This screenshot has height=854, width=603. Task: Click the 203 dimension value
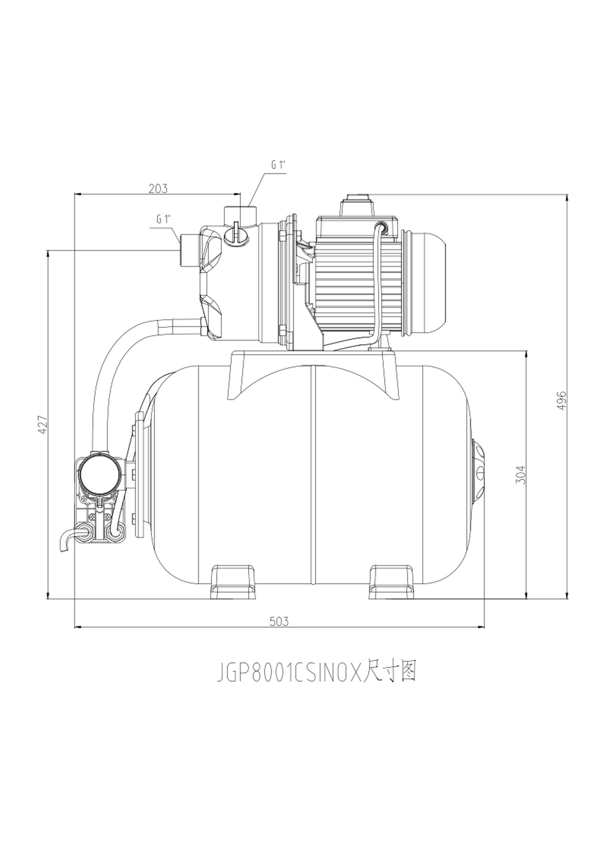point(158,188)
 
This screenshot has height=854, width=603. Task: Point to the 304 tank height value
point(520,475)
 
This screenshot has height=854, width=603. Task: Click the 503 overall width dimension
point(279,621)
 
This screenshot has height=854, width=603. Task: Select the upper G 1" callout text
point(278,165)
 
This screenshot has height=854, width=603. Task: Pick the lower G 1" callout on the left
point(164,219)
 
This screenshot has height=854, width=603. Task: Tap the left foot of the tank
point(234,582)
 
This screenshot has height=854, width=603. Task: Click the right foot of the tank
point(392,582)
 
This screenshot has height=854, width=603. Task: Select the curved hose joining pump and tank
point(121,356)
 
